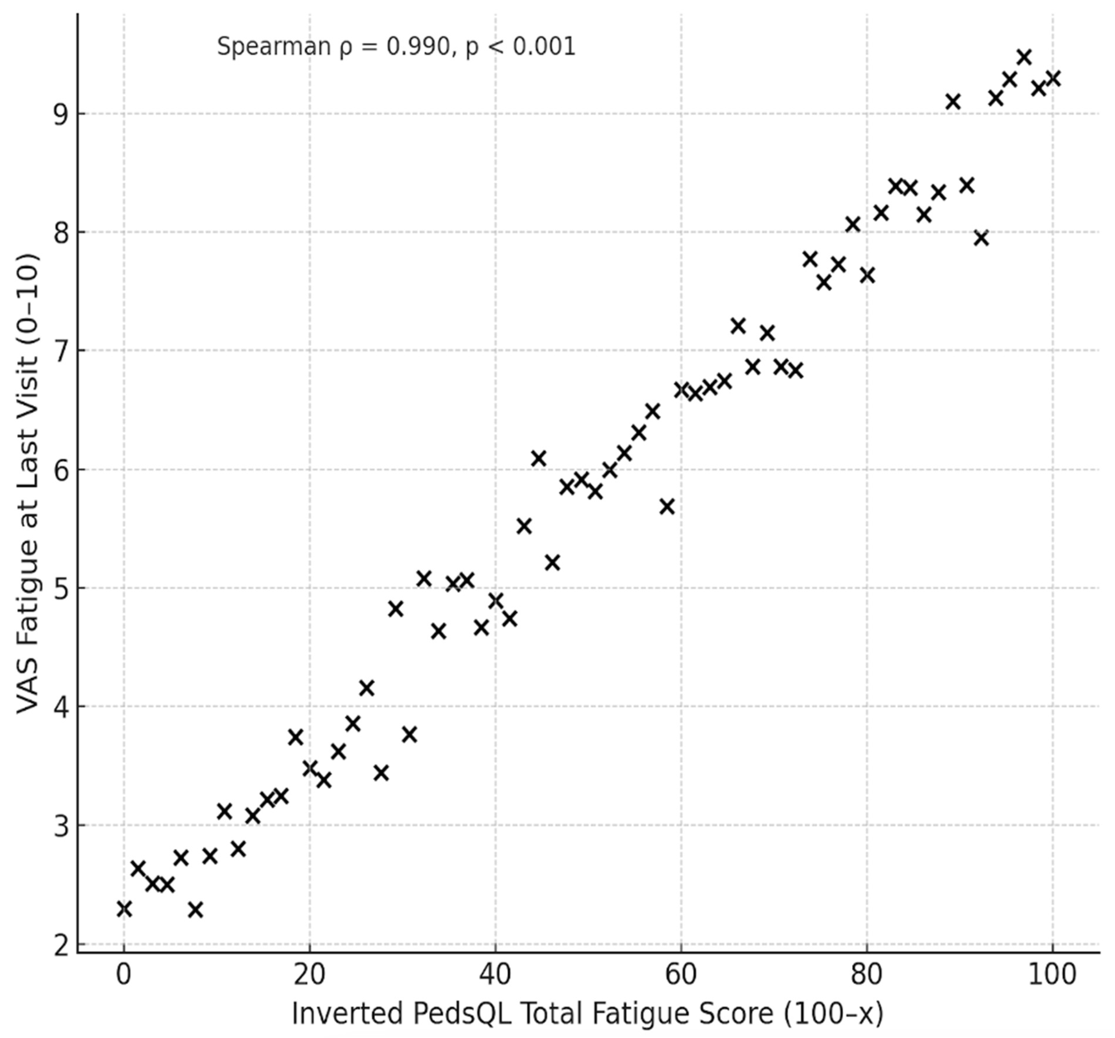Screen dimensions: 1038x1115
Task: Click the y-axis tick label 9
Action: [x=60, y=114]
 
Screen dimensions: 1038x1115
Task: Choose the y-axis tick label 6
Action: [x=60, y=470]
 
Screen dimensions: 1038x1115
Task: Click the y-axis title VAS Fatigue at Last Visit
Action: [x=28, y=484]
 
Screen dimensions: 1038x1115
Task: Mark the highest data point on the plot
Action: [x=1024, y=57]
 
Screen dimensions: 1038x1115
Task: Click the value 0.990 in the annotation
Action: [x=418, y=47]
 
